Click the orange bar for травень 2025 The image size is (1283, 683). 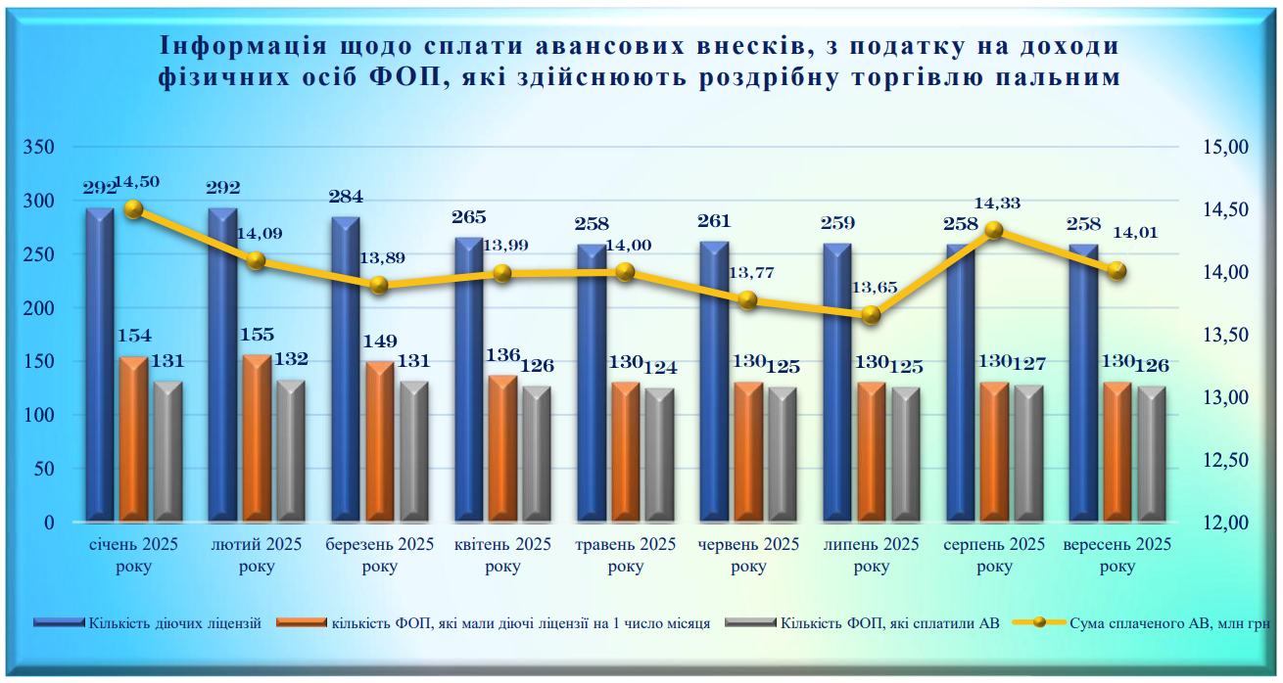click(x=625, y=451)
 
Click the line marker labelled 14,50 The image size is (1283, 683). click(x=134, y=208)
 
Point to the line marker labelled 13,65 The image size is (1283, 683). click(x=871, y=315)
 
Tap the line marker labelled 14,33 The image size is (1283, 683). click(x=994, y=230)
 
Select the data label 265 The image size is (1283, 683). click(x=470, y=218)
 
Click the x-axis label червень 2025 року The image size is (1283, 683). click(x=747, y=555)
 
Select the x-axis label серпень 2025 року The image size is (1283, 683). click(x=994, y=555)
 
